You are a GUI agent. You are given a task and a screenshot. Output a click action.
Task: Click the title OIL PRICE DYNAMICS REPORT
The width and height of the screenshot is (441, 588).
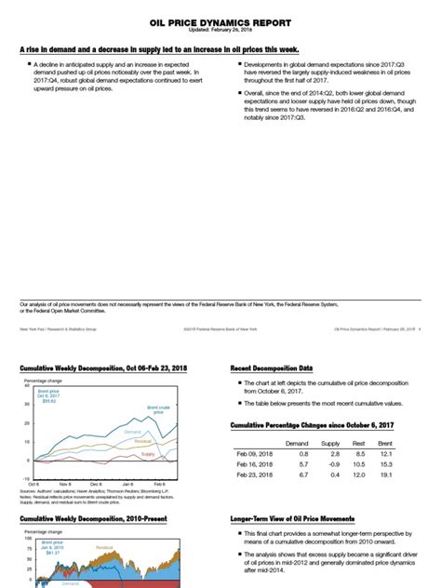coord(220,20)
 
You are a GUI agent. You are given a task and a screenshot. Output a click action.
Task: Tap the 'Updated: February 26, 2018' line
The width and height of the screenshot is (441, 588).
coord(220,31)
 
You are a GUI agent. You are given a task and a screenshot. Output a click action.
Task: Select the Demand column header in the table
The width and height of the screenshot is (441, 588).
coord(296,444)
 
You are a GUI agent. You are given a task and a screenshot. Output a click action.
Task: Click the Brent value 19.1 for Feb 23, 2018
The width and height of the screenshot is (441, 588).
coord(413,474)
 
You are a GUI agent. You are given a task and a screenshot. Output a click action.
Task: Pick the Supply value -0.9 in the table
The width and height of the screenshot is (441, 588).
coord(330,463)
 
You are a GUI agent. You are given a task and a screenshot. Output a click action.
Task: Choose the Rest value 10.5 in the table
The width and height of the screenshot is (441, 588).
coord(373,463)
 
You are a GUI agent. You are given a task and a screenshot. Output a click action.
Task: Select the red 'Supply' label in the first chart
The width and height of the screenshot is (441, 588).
coord(147,453)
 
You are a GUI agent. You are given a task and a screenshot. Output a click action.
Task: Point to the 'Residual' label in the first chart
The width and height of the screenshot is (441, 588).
coord(142,442)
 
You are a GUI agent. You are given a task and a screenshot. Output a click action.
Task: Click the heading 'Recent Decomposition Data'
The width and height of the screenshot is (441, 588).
coord(271,368)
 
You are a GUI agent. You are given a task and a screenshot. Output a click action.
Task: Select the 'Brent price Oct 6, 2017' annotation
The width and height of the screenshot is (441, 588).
coord(47,396)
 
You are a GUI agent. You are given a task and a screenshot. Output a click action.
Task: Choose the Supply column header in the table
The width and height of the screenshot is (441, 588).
coord(330,444)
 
